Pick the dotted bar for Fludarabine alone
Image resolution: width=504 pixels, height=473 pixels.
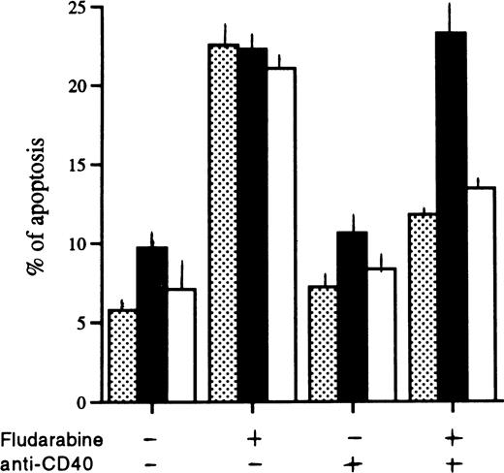(224, 222)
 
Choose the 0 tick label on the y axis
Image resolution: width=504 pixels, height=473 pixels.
(71, 401)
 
